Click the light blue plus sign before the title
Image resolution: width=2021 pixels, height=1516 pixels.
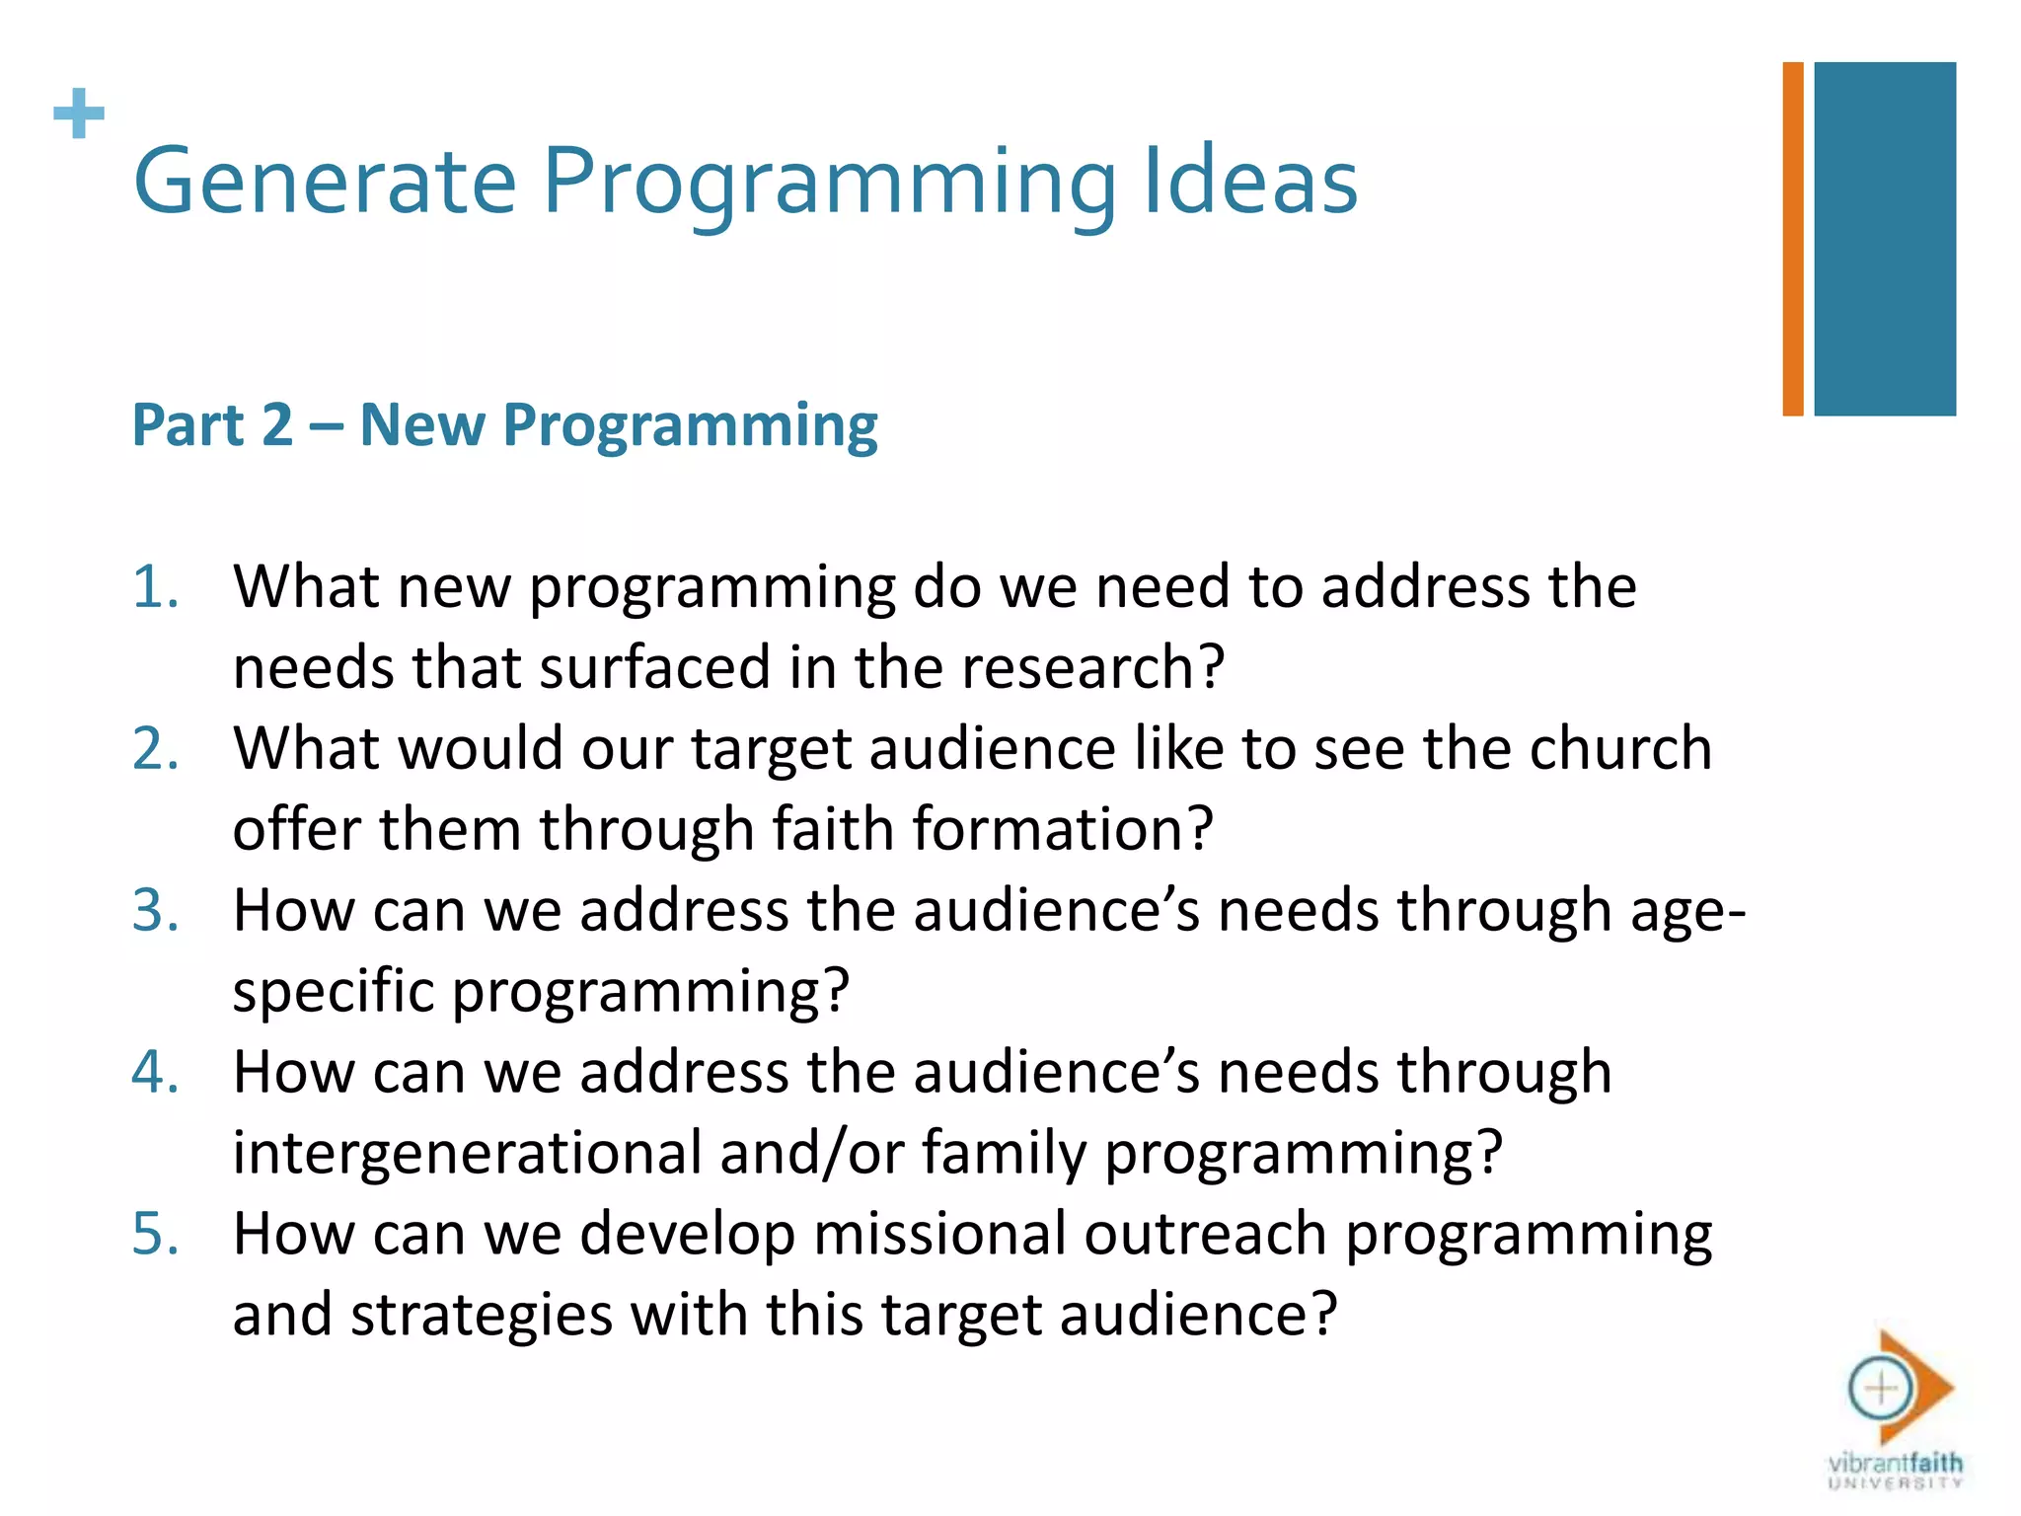click(79, 114)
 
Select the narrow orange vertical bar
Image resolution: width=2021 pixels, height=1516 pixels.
click(1792, 239)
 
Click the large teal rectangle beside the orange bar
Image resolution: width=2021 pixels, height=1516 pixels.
click(1884, 239)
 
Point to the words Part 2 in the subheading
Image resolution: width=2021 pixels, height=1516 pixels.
click(212, 425)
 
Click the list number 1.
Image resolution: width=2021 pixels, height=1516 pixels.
click(155, 587)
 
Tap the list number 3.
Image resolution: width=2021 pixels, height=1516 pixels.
click(155, 910)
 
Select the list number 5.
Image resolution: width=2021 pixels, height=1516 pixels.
click(155, 1234)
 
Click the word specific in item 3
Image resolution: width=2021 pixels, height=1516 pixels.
click(333, 992)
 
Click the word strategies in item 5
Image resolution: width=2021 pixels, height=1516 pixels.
click(481, 1317)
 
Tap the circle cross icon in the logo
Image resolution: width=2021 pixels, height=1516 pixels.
click(1880, 1389)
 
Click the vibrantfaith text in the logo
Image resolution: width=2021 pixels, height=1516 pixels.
click(1895, 1462)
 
